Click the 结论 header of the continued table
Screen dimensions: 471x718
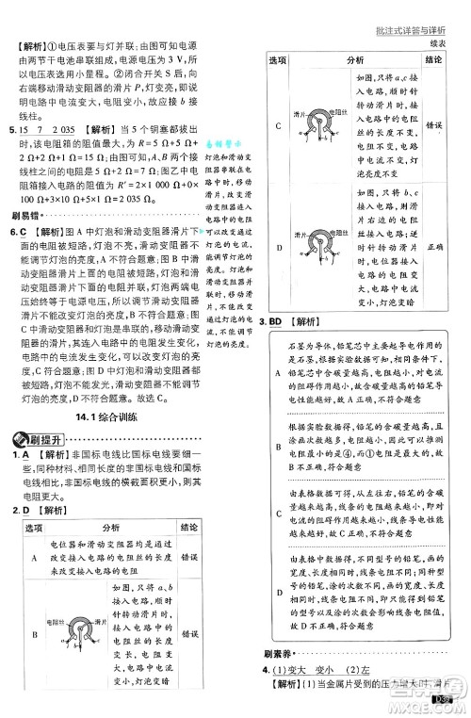(434, 59)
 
